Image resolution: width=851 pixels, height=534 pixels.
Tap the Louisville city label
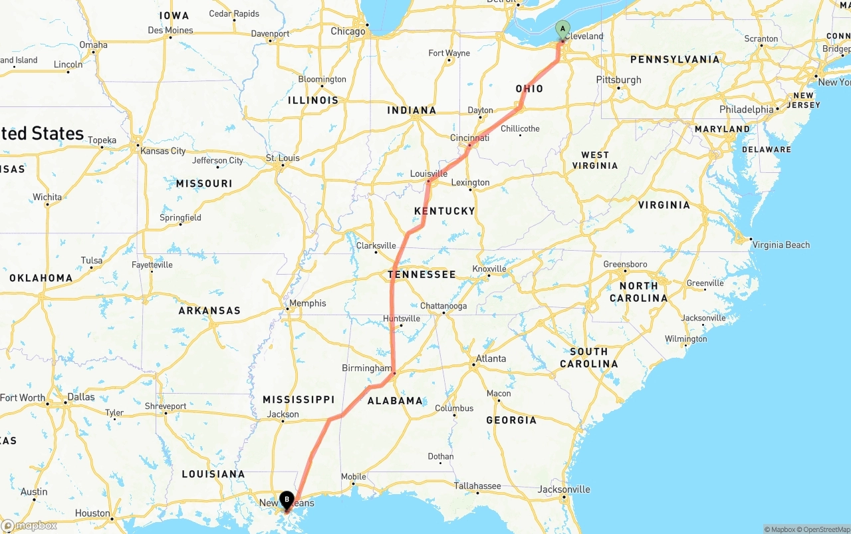click(x=428, y=174)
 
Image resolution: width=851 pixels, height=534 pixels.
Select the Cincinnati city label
click(x=469, y=138)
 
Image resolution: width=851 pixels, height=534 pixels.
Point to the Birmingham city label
click(x=367, y=368)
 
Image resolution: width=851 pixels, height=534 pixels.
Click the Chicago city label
click(x=348, y=31)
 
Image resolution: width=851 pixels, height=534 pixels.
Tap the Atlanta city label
click(x=491, y=358)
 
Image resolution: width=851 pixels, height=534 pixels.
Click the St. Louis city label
click(x=283, y=158)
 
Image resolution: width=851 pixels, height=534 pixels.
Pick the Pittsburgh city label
click(x=619, y=80)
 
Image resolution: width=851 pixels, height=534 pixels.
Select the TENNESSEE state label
click(x=422, y=274)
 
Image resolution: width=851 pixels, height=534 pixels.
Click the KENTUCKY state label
click(x=445, y=211)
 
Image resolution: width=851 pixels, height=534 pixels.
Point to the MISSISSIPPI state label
click(x=299, y=399)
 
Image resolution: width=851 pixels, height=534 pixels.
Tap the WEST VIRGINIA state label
click(x=595, y=160)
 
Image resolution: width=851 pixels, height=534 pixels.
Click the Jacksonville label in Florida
click(x=564, y=489)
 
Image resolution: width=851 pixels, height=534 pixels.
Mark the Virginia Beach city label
click(x=781, y=245)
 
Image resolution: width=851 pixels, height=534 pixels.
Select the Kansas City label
click(x=163, y=151)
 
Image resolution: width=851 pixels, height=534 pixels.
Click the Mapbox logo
click(x=29, y=525)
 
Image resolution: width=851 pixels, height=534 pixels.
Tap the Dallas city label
click(x=80, y=397)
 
